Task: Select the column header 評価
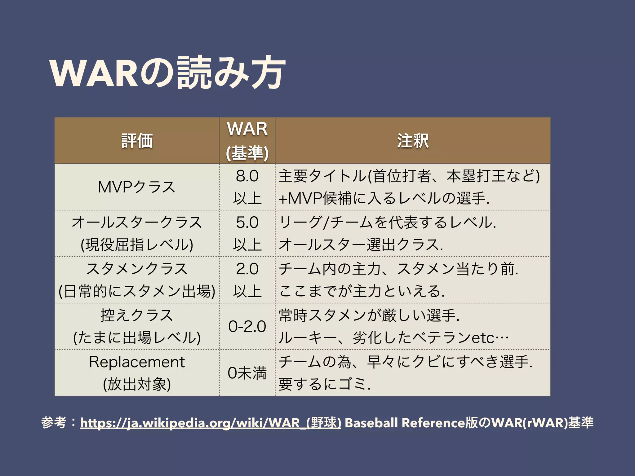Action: click(x=137, y=141)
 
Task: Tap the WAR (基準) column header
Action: click(x=247, y=141)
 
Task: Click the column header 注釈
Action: click(x=413, y=141)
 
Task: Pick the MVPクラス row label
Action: click(x=137, y=187)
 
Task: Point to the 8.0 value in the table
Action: click(x=247, y=176)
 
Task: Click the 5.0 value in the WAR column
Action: click(x=247, y=223)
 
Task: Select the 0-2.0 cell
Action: click(x=247, y=326)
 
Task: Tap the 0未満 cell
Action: click(x=247, y=373)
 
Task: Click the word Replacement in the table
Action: click(x=137, y=362)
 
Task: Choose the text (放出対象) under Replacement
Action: click(x=137, y=384)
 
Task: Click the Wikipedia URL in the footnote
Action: click(x=211, y=423)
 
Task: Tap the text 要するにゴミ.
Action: click(x=324, y=384)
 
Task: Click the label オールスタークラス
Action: click(x=137, y=223)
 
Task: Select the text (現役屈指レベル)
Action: click(x=137, y=245)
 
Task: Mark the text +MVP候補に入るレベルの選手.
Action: click(x=384, y=198)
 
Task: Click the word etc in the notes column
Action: click(x=482, y=338)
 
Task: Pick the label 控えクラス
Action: click(x=137, y=315)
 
